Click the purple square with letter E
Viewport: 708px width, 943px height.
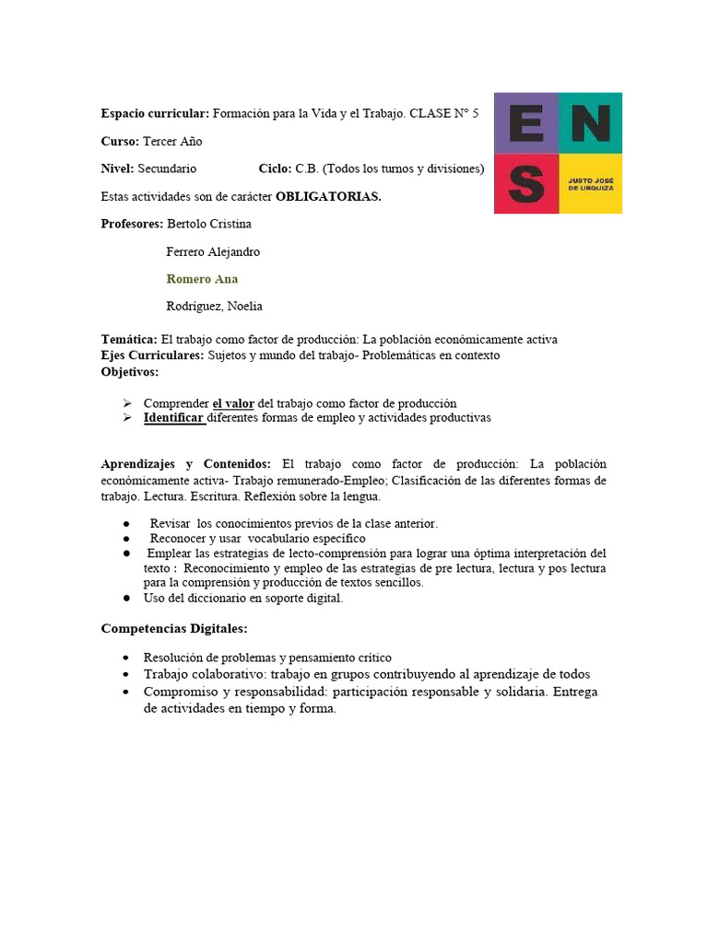[x=525, y=122]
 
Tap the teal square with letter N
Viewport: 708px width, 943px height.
[x=590, y=122]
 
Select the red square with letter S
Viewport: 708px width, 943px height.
[x=525, y=183]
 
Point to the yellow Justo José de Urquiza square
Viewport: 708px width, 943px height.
[x=590, y=183]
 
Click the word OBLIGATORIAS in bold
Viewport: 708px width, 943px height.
[x=328, y=196]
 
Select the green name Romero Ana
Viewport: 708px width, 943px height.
[x=202, y=279]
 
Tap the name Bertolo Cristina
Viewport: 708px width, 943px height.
[x=208, y=224]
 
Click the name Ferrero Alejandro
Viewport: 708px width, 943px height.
[x=213, y=251]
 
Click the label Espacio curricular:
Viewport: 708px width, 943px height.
[x=155, y=113]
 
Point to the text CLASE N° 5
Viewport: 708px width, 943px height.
[x=443, y=113]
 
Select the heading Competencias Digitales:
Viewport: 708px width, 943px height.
[x=173, y=629]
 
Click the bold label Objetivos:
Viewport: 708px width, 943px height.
[x=129, y=371]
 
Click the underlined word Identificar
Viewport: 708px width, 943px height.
[x=173, y=417]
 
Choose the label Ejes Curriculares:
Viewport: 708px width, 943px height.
[x=152, y=355]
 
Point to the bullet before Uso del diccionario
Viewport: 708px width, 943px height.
[x=126, y=598]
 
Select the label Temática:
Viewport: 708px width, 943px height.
[x=129, y=339]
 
